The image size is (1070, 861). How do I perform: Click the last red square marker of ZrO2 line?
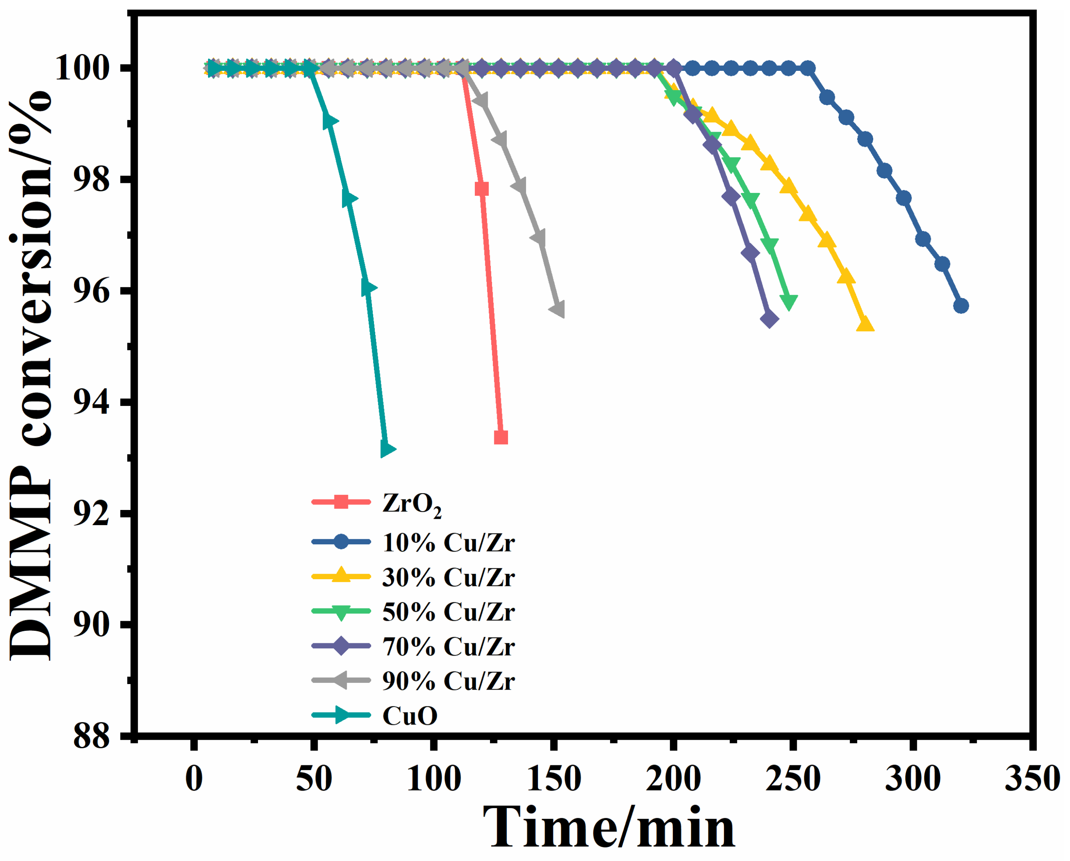pos(501,438)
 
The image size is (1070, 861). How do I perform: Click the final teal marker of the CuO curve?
pos(387,449)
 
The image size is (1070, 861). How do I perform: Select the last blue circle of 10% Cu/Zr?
pos(961,305)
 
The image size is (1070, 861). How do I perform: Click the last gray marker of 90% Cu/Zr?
pos(557,309)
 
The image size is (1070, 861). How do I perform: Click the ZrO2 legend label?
pos(412,504)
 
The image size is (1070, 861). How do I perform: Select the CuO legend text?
pos(410,716)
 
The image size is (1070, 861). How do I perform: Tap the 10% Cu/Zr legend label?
pos(448,542)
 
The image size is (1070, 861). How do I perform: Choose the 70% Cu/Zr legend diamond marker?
pos(341,646)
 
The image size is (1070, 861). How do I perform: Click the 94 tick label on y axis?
pos(91,403)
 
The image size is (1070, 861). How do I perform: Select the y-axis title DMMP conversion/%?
pos(31,376)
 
